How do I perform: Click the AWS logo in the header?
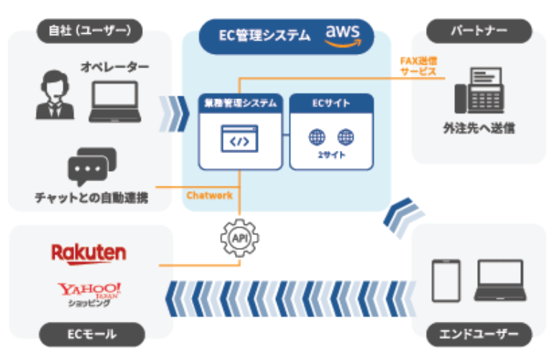(348, 34)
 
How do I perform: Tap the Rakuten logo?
(88, 253)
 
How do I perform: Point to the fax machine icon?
(479, 91)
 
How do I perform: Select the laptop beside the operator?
(115, 102)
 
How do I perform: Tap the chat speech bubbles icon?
(91, 166)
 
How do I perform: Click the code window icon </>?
(239, 139)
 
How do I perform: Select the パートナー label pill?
(479, 31)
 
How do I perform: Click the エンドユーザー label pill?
(479, 333)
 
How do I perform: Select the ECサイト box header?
(332, 103)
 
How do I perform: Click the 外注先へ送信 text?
(479, 129)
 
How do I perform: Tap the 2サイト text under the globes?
(332, 155)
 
